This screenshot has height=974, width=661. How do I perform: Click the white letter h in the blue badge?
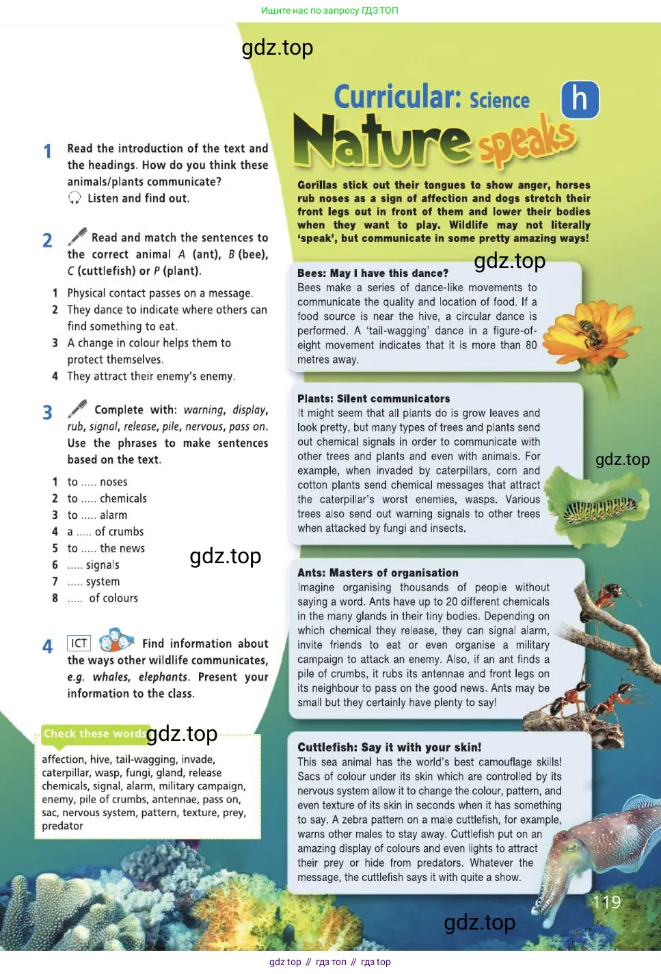coord(580,99)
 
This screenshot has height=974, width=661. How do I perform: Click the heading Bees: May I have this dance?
coord(373,273)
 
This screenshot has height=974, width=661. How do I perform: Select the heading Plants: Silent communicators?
coord(373,398)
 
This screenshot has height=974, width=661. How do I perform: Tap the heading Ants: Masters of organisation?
coord(377,573)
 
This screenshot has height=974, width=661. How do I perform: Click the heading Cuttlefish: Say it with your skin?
coord(389,747)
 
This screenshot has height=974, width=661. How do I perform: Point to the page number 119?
coord(606,902)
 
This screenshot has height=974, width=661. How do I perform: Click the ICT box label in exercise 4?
coord(79,643)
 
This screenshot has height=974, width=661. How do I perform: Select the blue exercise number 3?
coord(47,413)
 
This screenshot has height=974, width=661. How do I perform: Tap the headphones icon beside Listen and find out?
coord(75,198)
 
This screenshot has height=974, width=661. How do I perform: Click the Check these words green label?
coord(93,734)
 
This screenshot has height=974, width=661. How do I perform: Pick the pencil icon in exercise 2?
coord(77,236)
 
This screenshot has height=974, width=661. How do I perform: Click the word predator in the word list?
coord(62,826)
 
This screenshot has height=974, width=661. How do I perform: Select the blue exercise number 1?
coord(47,151)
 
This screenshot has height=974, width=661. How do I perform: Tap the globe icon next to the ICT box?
coord(116,640)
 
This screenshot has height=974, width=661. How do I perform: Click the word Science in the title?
coord(500,101)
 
